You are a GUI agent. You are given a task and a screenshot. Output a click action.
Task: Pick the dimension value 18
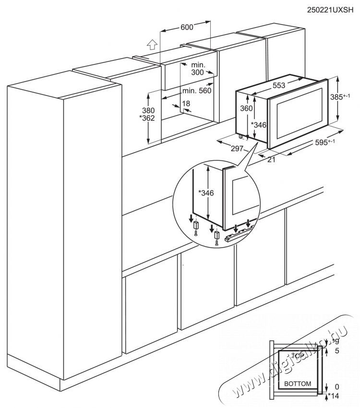pyautogui.click(x=186, y=104)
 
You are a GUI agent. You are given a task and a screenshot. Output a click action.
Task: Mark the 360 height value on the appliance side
pyautogui.click(x=246, y=109)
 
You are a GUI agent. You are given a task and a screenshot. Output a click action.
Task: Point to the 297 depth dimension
pyautogui.click(x=236, y=149)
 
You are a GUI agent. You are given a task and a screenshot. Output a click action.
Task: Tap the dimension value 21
pyautogui.click(x=271, y=160)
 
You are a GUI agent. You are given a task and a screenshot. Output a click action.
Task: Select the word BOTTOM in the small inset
pyautogui.click(x=298, y=384)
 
